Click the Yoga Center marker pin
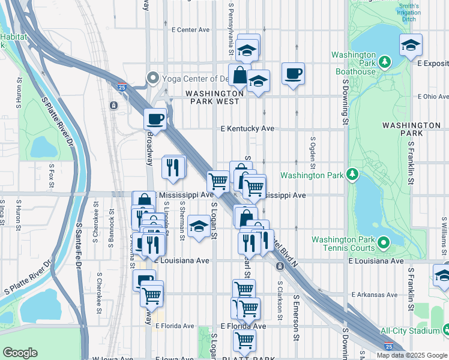point(152,77)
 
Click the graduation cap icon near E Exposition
point(411,45)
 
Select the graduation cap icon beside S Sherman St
point(198,226)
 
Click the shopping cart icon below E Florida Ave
point(244,340)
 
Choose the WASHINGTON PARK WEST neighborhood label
point(214,98)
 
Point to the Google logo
point(20,353)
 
